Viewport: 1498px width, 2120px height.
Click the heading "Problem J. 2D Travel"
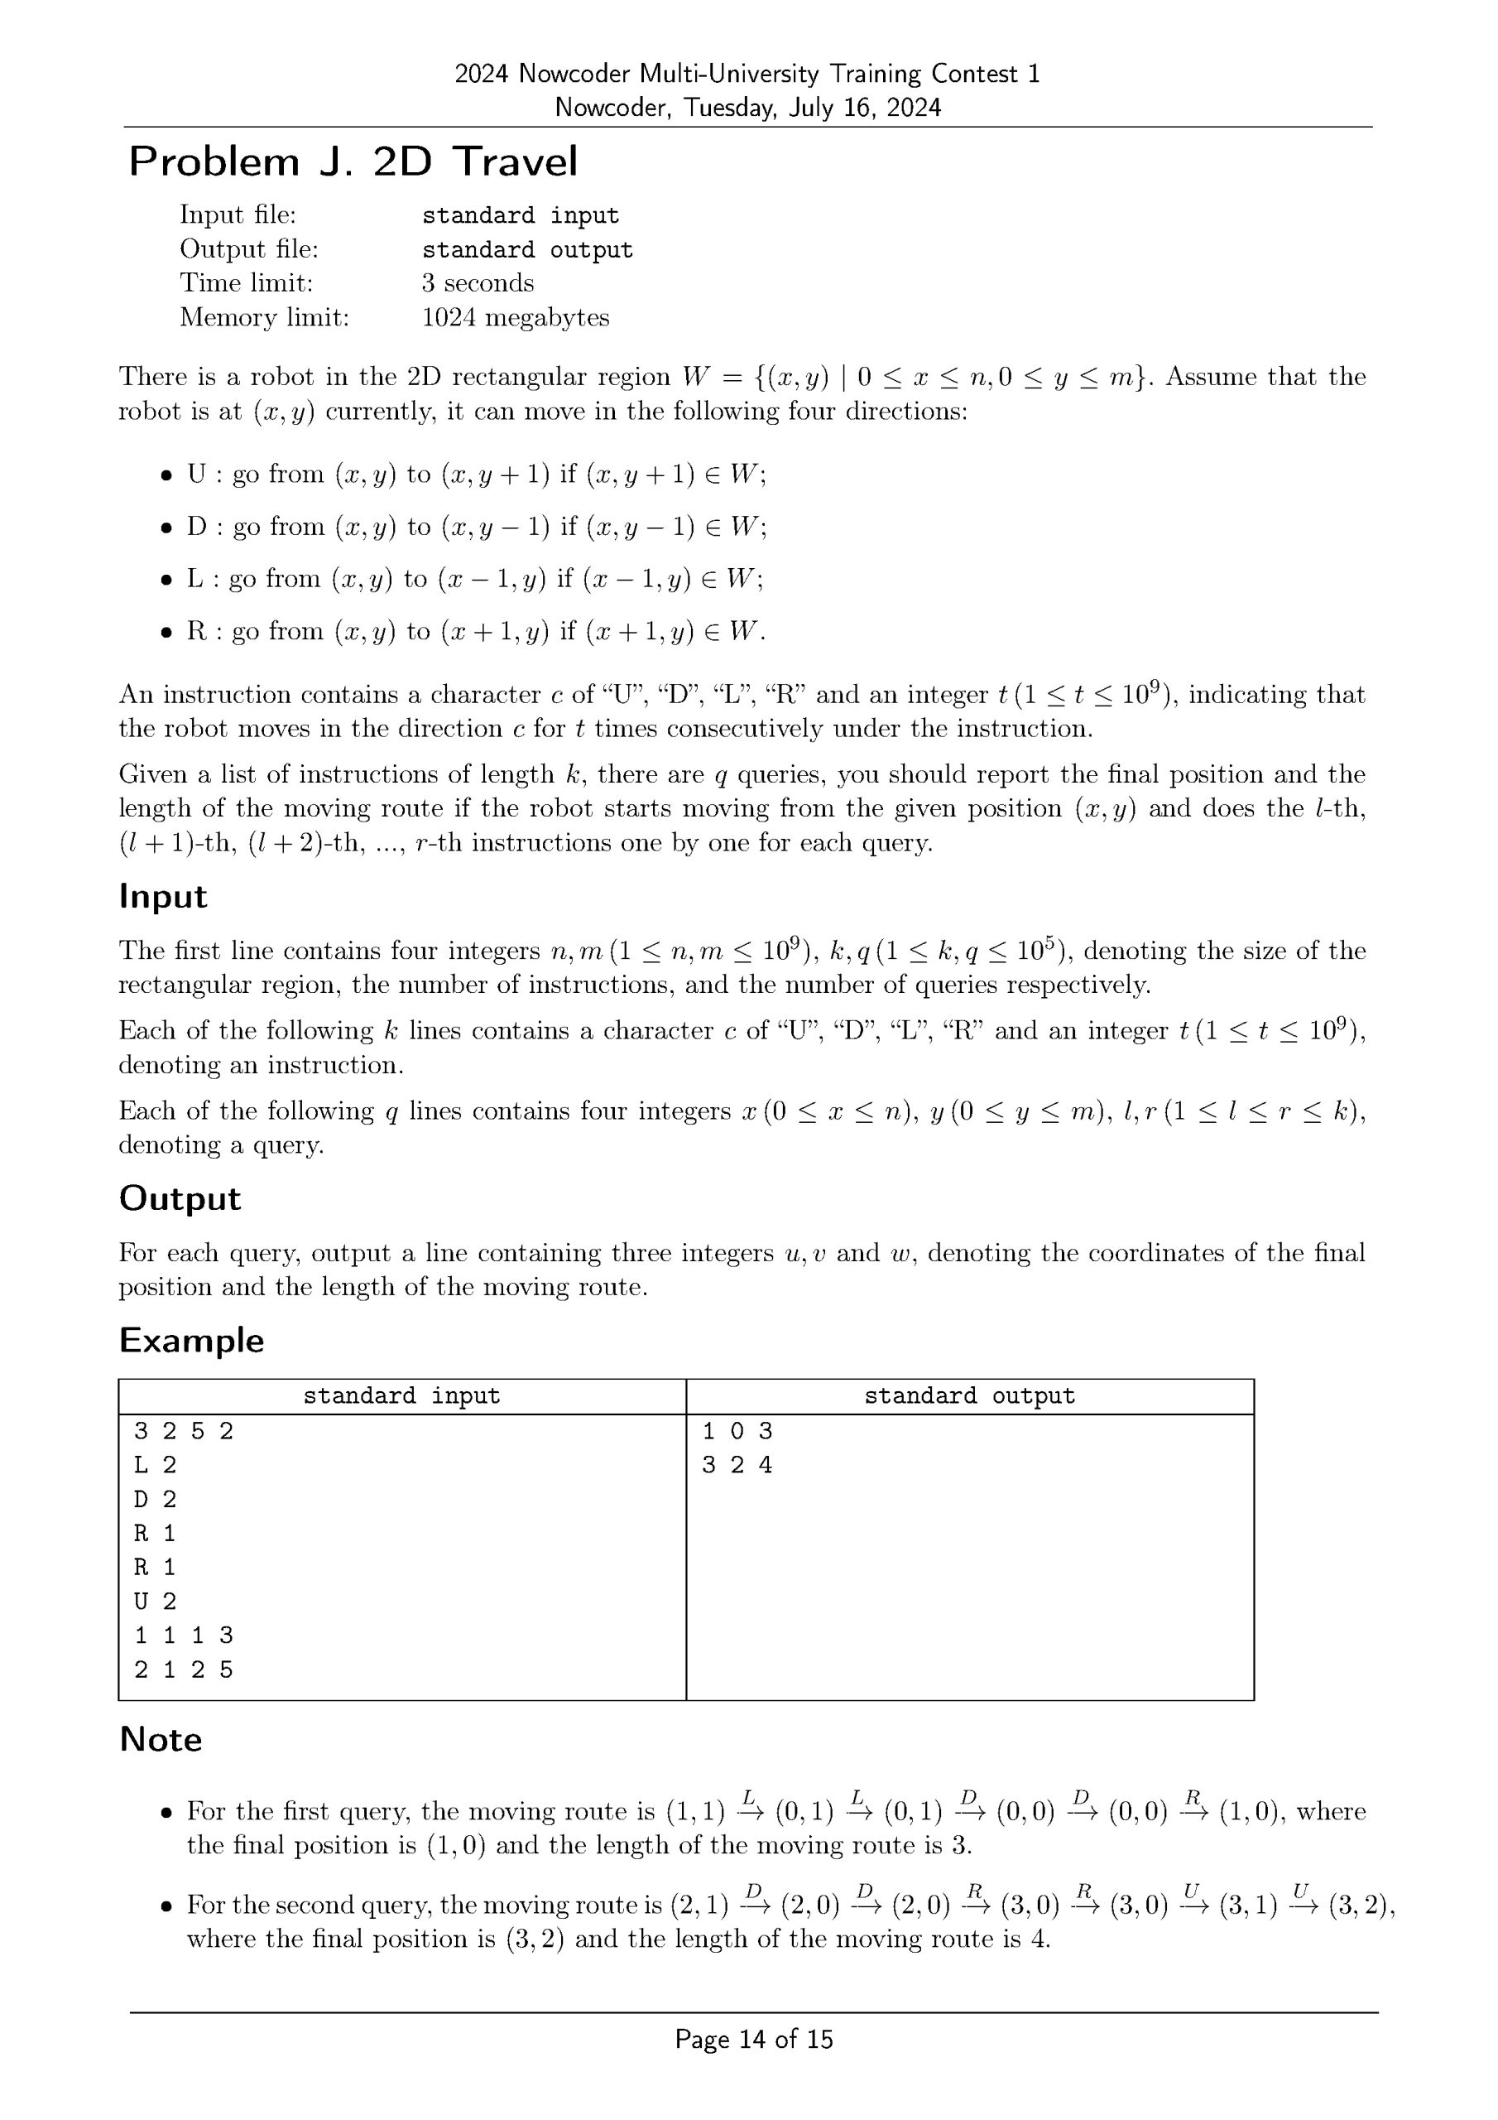(353, 161)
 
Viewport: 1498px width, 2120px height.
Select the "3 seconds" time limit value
(478, 282)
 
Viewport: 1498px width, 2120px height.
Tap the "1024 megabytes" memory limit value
(515, 318)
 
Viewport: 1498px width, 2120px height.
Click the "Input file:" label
(238, 214)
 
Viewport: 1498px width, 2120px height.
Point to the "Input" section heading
(162, 896)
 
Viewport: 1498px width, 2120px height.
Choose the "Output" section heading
(179, 1197)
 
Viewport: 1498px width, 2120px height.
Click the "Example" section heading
(191, 1340)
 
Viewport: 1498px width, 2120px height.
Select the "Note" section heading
(161, 1739)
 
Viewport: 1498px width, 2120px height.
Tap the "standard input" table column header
(401, 1395)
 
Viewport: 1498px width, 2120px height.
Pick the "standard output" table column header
(969, 1395)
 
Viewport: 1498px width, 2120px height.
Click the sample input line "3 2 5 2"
(184, 1431)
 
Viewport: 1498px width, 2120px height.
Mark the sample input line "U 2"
(155, 1601)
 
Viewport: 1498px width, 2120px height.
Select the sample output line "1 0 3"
(737, 1431)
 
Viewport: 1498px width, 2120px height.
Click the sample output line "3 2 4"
(737, 1464)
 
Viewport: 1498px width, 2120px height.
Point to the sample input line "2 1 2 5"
(184, 1669)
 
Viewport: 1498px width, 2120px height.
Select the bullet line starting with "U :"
(475, 475)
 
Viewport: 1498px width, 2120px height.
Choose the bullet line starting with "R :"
(475, 632)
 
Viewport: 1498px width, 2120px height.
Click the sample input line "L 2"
(155, 1464)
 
